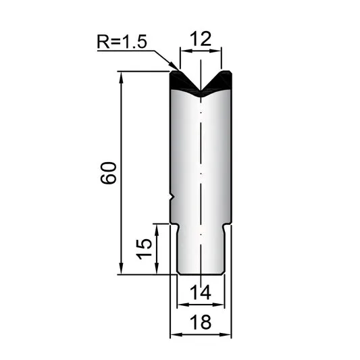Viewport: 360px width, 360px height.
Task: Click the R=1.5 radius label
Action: (122, 42)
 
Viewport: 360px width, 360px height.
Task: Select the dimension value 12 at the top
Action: (201, 39)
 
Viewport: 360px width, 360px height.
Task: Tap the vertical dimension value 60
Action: (108, 173)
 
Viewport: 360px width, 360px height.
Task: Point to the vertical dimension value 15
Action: (144, 249)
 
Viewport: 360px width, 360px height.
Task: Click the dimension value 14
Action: (201, 292)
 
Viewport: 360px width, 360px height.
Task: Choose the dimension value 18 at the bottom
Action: (201, 322)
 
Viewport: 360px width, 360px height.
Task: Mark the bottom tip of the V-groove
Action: (201, 91)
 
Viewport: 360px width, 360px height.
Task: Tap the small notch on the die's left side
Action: (172, 197)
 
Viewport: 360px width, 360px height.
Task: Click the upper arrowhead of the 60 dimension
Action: (121, 76)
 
